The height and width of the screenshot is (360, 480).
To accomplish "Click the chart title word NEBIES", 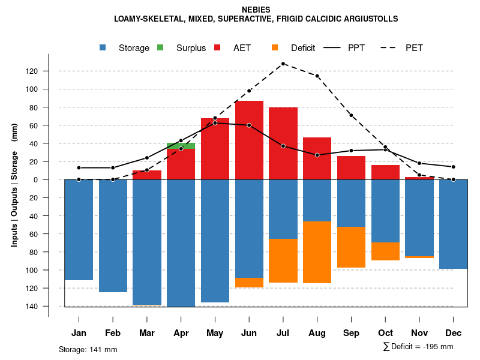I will [x=256, y=10].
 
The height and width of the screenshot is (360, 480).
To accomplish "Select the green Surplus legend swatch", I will [x=160, y=47].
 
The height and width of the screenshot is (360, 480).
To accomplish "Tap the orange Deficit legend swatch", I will [x=275, y=47].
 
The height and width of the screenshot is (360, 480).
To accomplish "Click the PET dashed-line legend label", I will [x=414, y=48].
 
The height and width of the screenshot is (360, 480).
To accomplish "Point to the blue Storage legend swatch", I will [x=103, y=47].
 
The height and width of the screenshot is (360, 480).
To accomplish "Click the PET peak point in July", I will [x=283, y=64].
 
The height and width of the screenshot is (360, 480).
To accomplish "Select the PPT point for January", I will [x=79, y=168].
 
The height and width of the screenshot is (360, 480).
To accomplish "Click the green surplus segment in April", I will [x=181, y=145].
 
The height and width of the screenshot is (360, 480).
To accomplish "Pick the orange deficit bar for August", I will [x=317, y=252].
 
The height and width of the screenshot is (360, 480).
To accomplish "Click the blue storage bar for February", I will [x=113, y=236].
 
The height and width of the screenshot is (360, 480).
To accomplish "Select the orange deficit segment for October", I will [x=385, y=251].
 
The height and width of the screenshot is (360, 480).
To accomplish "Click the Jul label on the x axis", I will [x=283, y=333].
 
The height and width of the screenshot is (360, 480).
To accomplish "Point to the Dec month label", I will [x=454, y=333].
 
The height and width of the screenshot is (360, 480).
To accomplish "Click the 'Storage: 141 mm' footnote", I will [x=88, y=349].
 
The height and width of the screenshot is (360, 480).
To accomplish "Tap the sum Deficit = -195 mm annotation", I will [x=418, y=347].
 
